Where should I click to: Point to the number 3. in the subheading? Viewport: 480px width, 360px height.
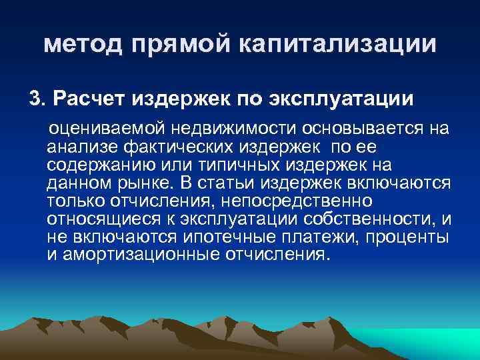point(37,99)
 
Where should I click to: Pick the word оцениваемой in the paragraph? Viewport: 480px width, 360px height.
point(101,127)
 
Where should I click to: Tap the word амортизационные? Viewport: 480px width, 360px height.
point(138,255)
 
